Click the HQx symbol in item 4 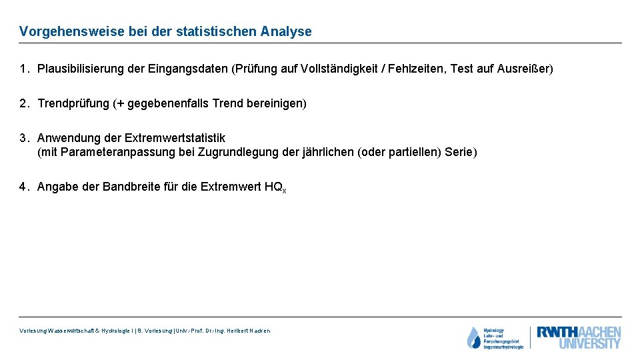tap(275, 187)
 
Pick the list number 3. tap(23, 138)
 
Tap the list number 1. tap(23, 69)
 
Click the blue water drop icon tap(473, 338)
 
